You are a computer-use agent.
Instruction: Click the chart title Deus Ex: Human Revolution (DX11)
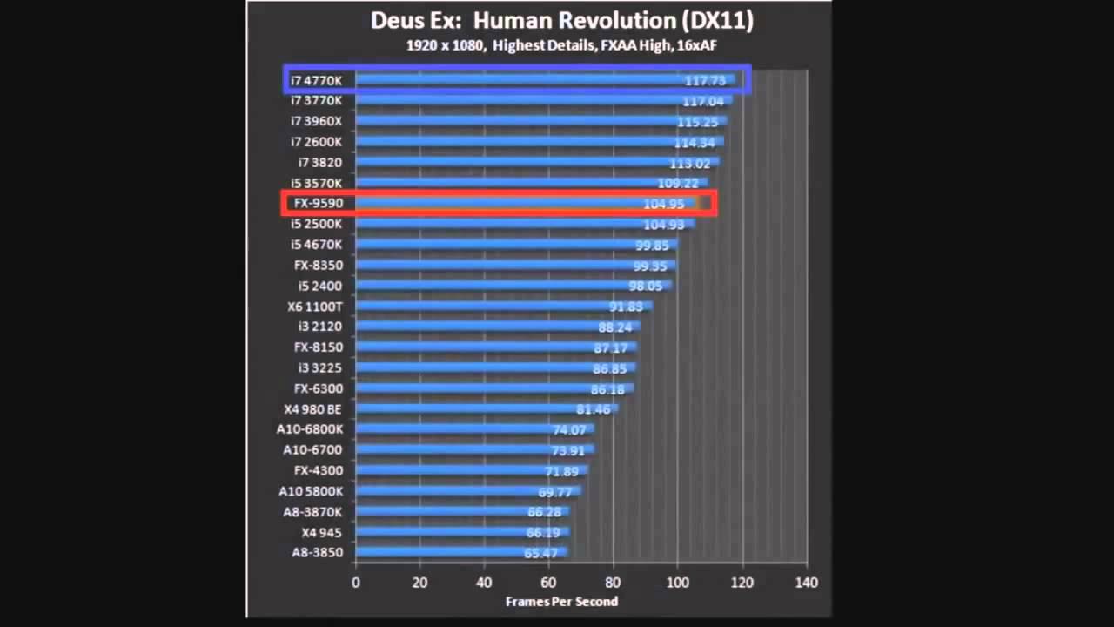pyautogui.click(x=561, y=20)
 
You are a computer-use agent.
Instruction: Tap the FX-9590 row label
pyautogui.click(x=318, y=203)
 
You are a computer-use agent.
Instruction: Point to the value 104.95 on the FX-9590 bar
pyautogui.click(x=664, y=204)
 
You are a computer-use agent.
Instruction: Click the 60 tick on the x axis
pyautogui.click(x=548, y=582)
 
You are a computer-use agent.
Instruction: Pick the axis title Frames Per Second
pyautogui.click(x=561, y=601)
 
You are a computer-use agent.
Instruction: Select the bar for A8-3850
pyautogui.click(x=461, y=552)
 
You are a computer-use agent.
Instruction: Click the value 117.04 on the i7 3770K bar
pyautogui.click(x=703, y=101)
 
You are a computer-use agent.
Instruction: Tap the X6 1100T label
pyautogui.click(x=315, y=307)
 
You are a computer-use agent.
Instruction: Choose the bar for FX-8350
pyautogui.click(x=513, y=265)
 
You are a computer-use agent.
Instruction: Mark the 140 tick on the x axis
pyautogui.click(x=806, y=582)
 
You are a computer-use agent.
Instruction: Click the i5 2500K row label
pyautogui.click(x=317, y=224)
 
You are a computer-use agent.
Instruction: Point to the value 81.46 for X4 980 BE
pyautogui.click(x=594, y=409)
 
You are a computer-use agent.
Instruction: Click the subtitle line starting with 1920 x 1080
pyautogui.click(x=561, y=45)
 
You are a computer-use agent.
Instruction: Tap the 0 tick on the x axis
pyautogui.click(x=355, y=582)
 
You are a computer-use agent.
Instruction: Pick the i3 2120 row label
pyautogui.click(x=319, y=327)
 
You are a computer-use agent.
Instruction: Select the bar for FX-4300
pyautogui.click(x=470, y=470)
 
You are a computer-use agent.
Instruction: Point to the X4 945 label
pyautogui.click(x=321, y=532)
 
